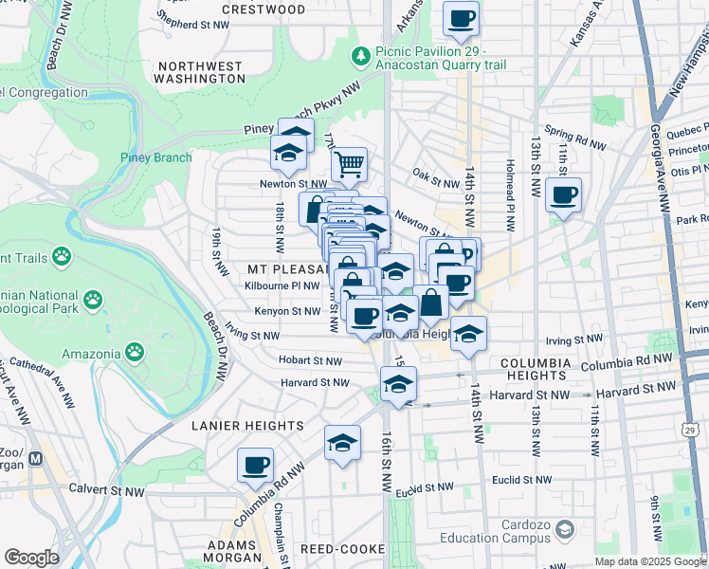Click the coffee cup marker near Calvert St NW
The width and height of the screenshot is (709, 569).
coord(255,465)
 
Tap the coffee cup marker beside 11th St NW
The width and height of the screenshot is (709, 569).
coord(564,195)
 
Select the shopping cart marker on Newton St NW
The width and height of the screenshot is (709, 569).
coord(349,164)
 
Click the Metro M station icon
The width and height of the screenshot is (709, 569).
coord(36,458)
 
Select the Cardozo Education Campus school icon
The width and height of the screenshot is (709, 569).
coord(566,527)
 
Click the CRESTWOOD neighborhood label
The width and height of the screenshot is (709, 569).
coord(264,9)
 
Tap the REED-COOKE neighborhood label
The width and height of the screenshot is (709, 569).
coord(340,549)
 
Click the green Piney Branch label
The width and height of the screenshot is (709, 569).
coord(155,157)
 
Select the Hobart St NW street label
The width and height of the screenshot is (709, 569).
coord(310,360)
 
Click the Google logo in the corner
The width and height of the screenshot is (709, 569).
coord(31,558)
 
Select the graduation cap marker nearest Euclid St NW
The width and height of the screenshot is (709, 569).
coord(342,443)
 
